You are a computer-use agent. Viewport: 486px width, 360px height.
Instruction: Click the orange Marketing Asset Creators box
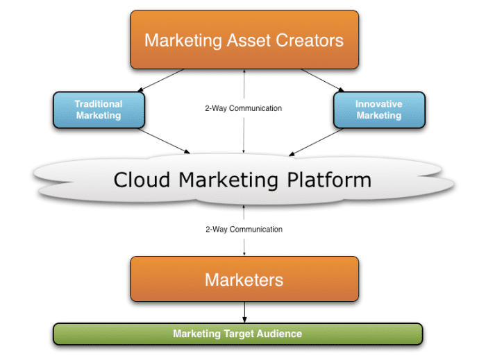244,40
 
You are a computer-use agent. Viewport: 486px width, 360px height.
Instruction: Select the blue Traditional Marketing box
99,110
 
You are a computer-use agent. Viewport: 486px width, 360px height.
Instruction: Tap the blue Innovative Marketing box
378,110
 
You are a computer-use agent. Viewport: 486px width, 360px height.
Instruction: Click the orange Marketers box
244,280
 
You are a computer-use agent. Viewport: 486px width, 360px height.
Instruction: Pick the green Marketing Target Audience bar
237,334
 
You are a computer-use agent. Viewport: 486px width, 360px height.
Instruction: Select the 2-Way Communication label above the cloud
244,108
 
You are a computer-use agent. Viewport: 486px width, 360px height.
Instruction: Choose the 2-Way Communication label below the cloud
244,229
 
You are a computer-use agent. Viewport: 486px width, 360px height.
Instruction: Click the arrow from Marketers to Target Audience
244,311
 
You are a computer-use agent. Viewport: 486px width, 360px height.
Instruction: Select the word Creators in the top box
307,40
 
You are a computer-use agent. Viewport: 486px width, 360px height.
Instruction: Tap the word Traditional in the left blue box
99,104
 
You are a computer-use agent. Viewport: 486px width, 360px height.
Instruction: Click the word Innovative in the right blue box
378,104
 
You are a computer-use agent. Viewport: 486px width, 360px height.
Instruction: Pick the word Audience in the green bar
280,334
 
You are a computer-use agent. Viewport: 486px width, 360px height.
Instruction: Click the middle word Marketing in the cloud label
231,180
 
